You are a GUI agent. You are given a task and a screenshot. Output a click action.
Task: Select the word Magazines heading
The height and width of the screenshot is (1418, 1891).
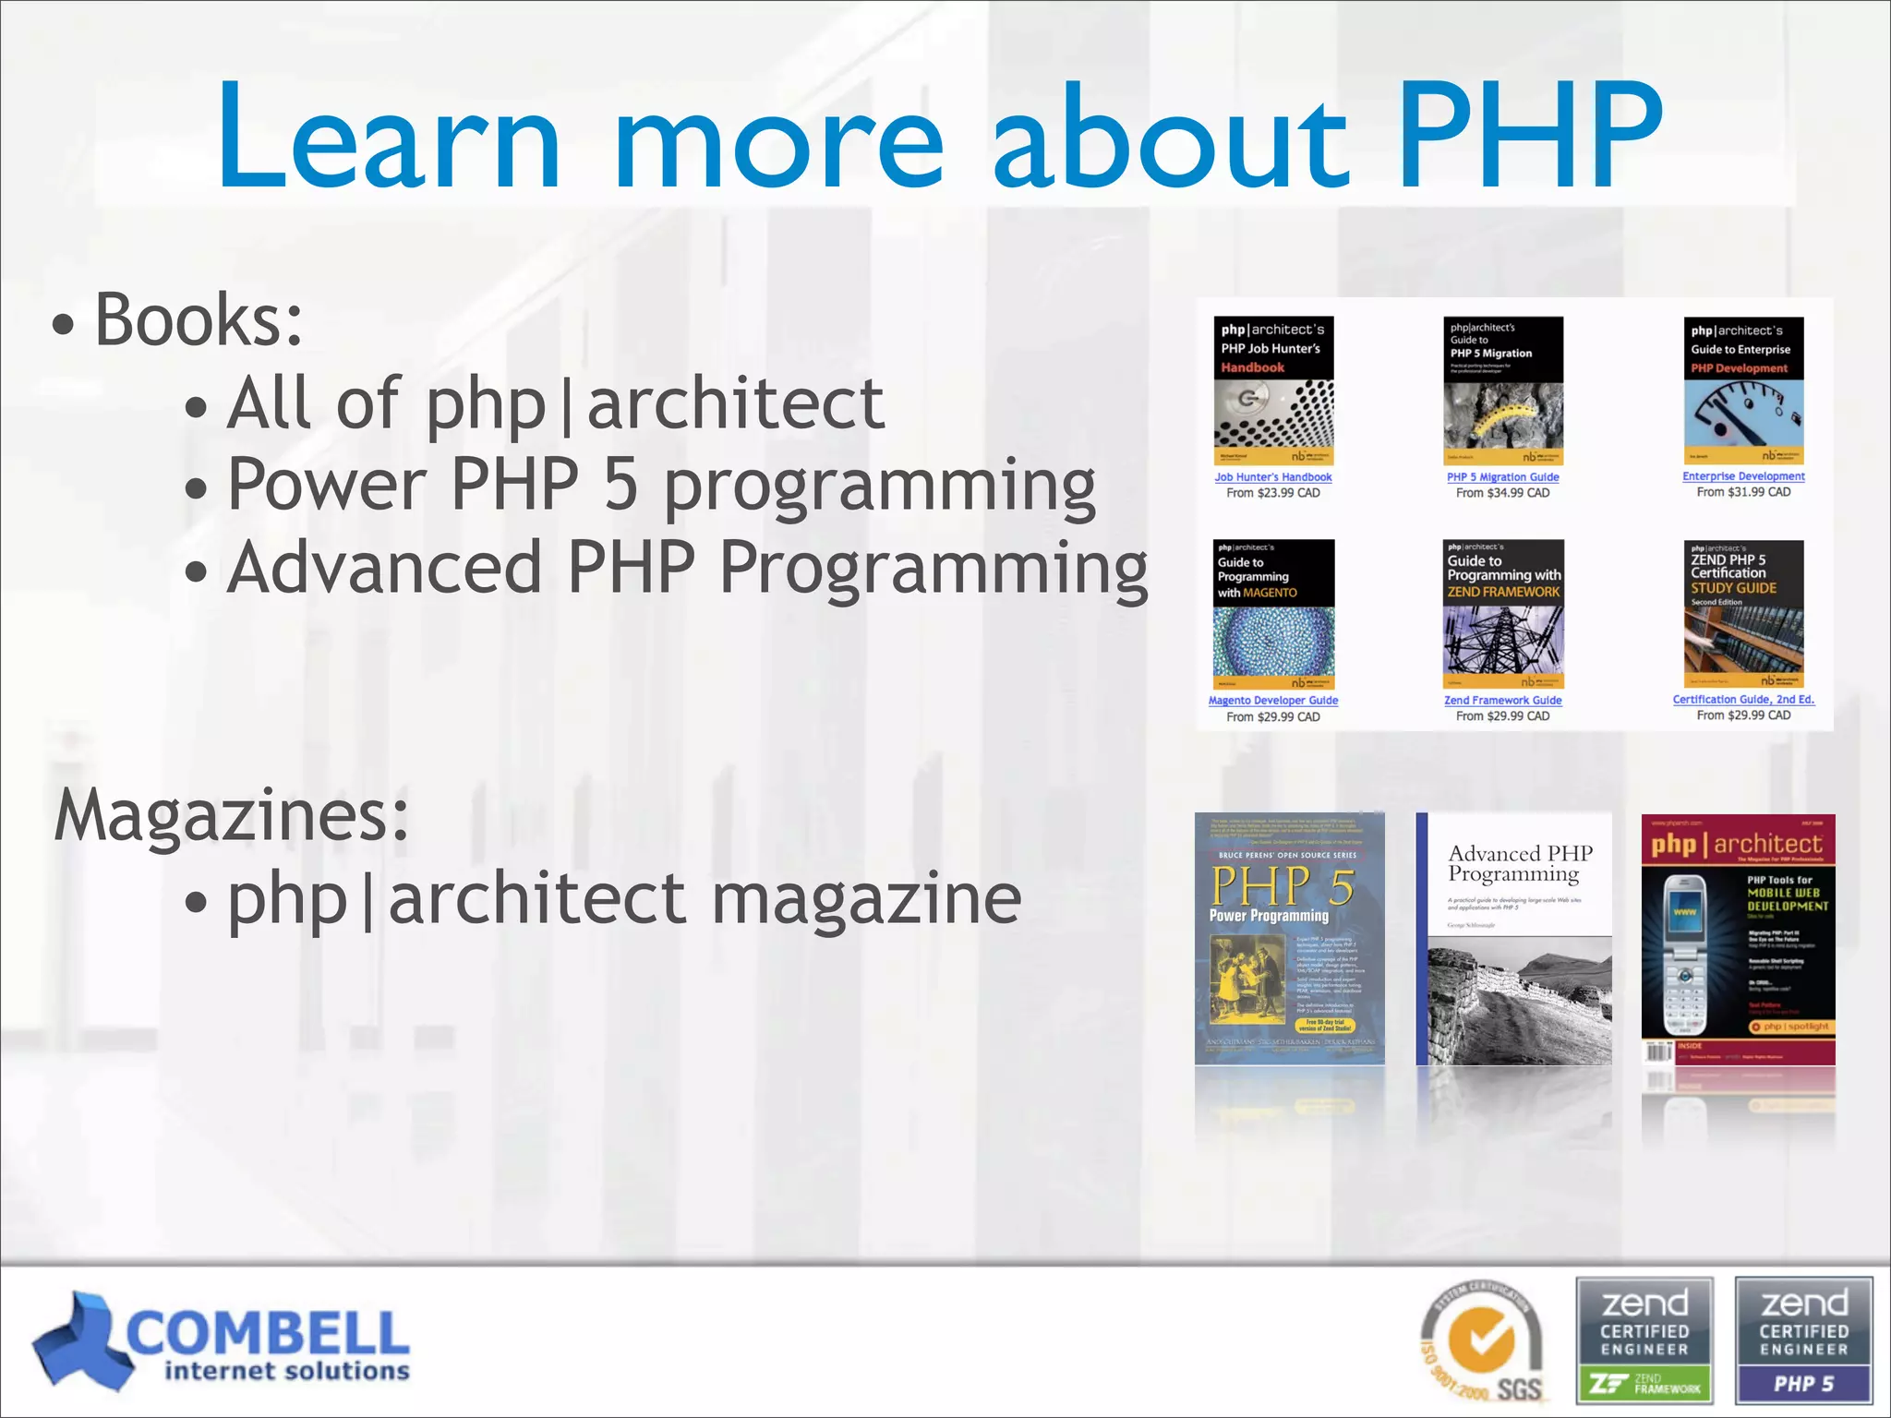[231, 815]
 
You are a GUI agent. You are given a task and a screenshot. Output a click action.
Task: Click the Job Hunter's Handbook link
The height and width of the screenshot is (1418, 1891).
[1272, 477]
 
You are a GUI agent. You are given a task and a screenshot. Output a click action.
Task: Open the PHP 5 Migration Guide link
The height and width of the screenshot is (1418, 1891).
[1502, 477]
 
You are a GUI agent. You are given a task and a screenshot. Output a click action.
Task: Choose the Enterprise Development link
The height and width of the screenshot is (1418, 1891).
[1742, 476]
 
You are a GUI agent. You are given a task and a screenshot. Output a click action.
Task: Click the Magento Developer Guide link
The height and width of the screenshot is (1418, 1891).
[1272, 701]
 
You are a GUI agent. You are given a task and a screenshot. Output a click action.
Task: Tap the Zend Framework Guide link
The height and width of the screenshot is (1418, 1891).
[1502, 701]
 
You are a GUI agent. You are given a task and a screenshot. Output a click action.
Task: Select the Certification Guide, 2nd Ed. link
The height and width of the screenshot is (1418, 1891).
[1742, 700]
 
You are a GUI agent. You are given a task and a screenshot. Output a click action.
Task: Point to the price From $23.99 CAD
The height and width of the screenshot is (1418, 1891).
[1272, 493]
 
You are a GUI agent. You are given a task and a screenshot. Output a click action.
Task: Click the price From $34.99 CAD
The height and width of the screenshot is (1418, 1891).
[1502, 493]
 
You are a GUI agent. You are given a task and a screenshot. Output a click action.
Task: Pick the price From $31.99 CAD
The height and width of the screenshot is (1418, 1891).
[1742, 492]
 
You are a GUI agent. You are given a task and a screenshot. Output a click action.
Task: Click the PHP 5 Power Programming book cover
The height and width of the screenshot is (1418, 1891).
[1289, 938]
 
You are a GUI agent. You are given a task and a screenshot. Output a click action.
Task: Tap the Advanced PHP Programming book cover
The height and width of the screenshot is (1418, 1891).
[1513, 938]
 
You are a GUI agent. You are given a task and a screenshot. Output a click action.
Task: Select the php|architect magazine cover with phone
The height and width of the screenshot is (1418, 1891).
[1738, 940]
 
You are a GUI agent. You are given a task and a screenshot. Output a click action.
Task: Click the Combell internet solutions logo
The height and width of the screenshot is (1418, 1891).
[222, 1341]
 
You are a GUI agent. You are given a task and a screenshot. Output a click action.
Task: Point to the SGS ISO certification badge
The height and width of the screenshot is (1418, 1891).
[1482, 1343]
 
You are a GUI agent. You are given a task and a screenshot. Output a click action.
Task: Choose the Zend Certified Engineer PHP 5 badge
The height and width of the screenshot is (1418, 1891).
[1803, 1340]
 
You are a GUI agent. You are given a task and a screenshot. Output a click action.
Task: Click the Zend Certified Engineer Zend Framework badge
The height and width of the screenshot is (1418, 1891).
[1644, 1340]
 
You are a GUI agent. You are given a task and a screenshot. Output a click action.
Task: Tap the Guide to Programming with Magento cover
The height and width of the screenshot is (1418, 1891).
[1273, 614]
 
